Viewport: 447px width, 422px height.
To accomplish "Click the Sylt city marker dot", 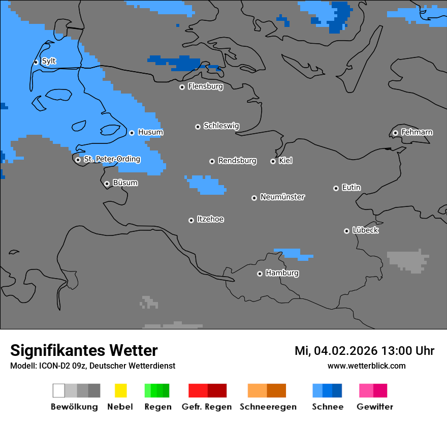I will tap(36, 62).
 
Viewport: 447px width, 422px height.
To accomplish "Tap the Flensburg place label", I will tap(205, 86).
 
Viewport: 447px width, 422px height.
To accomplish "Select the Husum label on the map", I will tap(150, 132).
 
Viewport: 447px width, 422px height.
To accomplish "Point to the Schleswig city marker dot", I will tap(198, 127).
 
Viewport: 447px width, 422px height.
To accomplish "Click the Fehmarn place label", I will tap(417, 132).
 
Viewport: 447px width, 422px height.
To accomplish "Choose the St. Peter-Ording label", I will tap(112, 159).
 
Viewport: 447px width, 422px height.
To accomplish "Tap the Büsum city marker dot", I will tap(107, 184).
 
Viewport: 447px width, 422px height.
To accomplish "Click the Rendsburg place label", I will tap(237, 161).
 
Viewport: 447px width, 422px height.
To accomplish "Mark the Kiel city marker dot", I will tap(273, 161).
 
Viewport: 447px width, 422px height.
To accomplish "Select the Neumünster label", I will tap(282, 197).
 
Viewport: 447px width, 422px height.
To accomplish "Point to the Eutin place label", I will tap(351, 188).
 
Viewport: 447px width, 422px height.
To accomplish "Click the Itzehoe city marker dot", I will tap(191, 220).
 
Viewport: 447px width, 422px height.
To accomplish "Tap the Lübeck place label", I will tap(365, 230).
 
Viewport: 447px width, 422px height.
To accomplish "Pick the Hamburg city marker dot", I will tap(260, 274).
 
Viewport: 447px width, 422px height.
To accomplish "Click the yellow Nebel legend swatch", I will tap(120, 390).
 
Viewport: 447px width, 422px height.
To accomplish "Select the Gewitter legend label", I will tap(374, 407).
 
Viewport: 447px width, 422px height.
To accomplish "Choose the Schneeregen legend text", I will tap(268, 407).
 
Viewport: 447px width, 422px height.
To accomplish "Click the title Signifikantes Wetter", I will tap(84, 350).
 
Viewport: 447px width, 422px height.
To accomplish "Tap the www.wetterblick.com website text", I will tap(366, 366).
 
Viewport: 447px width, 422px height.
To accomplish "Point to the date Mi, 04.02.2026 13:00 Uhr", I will tap(364, 351).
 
